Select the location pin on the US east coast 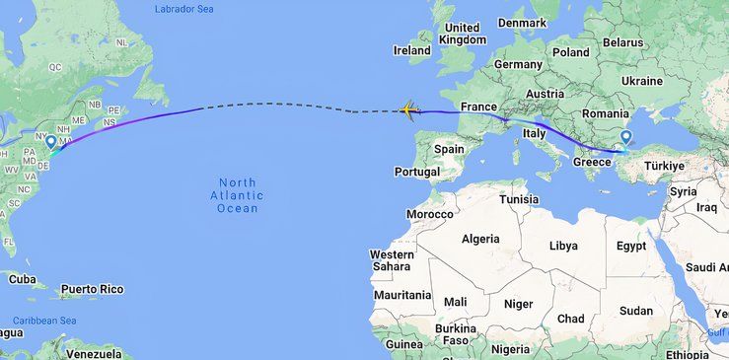[50, 143]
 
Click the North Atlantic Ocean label [238, 195]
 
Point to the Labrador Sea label [185, 9]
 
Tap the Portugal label [415, 172]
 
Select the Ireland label [412, 50]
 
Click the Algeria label [481, 240]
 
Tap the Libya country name [563, 246]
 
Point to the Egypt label [631, 246]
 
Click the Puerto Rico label [92, 289]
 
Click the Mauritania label [402, 295]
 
